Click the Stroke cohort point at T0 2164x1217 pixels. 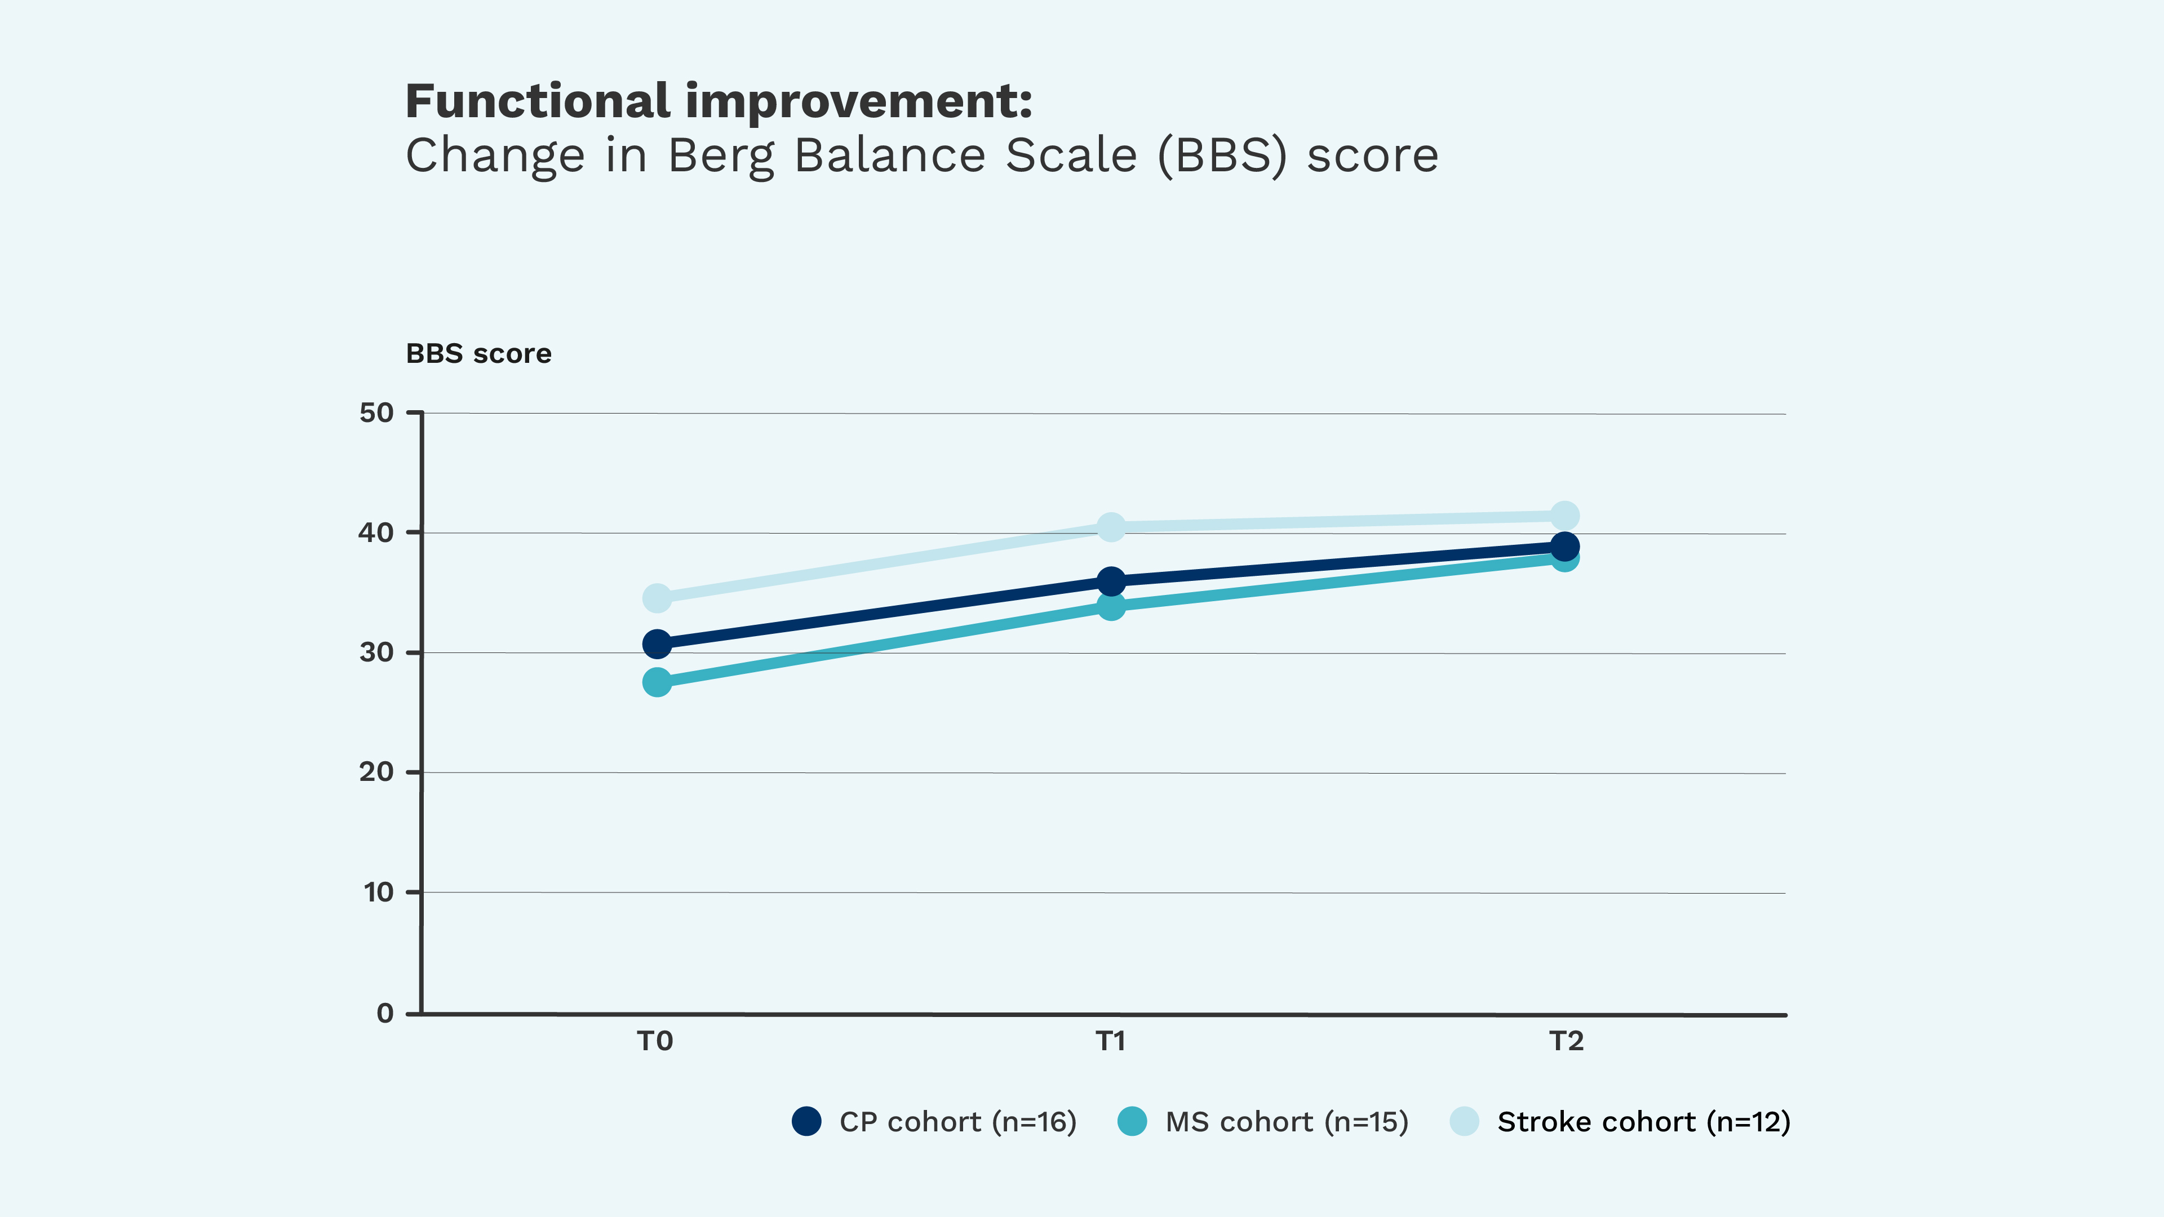coord(657,598)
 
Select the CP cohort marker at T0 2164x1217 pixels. coord(657,644)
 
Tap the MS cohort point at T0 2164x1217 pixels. coord(657,682)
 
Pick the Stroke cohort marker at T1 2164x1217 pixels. coord(1111,527)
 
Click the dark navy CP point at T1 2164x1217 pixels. coord(1111,580)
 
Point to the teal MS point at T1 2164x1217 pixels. coord(1111,606)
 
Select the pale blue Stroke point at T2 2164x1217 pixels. coord(1564,515)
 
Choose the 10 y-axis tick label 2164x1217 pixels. coord(378,892)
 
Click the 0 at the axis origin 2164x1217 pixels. coord(385,1013)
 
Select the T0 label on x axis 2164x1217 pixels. coord(655,1041)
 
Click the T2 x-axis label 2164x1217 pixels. coord(1566,1041)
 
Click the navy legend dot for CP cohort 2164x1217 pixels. coord(806,1121)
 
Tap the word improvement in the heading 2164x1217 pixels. coord(858,101)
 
